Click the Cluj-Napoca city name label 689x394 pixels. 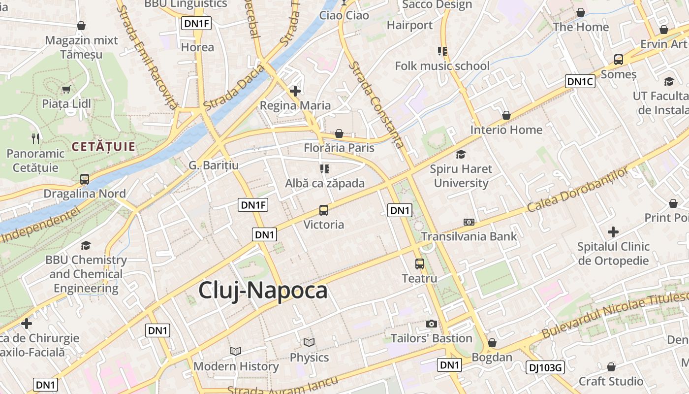coord(263,291)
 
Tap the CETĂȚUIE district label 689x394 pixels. coord(103,146)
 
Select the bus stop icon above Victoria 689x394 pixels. coord(324,210)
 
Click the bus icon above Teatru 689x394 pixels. coord(420,264)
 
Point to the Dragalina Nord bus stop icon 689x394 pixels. coord(85,179)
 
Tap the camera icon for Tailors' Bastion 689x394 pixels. coord(432,324)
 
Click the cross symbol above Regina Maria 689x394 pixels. coord(295,91)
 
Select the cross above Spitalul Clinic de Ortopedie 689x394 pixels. coord(613,231)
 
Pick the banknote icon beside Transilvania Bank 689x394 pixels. coord(469,222)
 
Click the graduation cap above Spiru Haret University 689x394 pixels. coord(461,155)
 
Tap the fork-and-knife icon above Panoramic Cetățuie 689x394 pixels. coord(35,139)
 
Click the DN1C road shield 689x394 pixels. coord(580,81)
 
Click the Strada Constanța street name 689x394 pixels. coord(376,104)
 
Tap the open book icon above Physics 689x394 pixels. coord(309,342)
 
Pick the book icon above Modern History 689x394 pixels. coord(236,351)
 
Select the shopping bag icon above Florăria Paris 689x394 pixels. coord(339,133)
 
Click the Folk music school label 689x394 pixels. coord(442,66)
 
